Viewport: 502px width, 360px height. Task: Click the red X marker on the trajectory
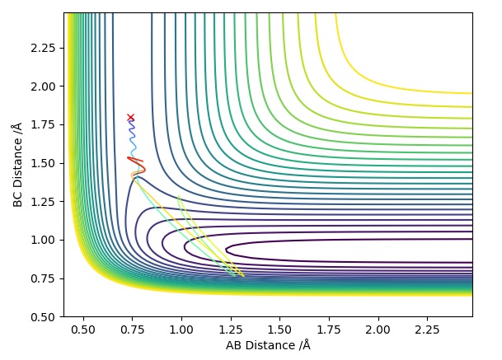click(130, 118)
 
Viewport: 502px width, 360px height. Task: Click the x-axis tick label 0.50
click(82, 330)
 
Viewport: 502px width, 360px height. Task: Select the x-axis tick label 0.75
click(132, 330)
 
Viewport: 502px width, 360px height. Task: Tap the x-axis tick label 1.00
click(181, 330)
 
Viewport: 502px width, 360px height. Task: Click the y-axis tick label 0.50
click(46, 317)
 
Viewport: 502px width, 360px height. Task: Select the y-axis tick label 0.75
click(46, 278)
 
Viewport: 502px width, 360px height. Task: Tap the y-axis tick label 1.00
click(46, 240)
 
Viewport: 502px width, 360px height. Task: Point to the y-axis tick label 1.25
click(46, 202)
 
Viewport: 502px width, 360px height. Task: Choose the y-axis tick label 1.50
click(46, 163)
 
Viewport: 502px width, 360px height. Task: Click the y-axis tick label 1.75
click(46, 124)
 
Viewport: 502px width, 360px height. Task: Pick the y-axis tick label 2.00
click(46, 86)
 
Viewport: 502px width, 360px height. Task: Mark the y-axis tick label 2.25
click(46, 48)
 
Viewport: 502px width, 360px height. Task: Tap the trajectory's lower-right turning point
click(243, 276)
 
